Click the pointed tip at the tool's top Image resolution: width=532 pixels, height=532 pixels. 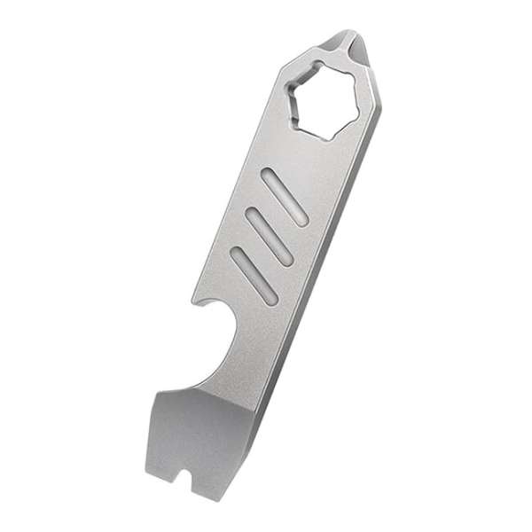pyautogui.click(x=348, y=36)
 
